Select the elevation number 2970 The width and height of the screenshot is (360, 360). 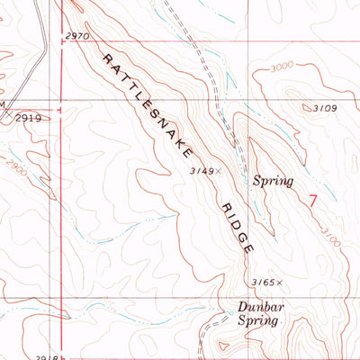coord(79,35)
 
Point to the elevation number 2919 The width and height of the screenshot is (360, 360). coord(29,118)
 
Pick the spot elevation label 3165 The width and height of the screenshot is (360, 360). coord(265,282)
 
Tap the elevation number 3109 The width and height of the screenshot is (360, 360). coord(325,108)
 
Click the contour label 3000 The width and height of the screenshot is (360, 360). coord(307,66)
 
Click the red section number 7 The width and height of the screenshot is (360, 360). coord(312,201)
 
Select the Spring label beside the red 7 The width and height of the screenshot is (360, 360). coord(273,181)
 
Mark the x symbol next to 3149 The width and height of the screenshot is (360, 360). coord(218,169)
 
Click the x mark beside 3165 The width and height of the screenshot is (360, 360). coord(281,282)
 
